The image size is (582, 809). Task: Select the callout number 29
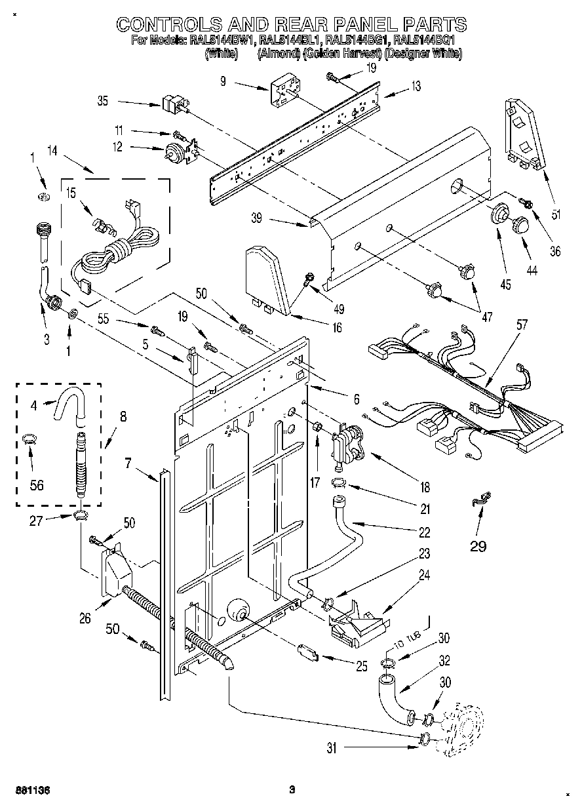(478, 545)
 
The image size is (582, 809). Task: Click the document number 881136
(32, 790)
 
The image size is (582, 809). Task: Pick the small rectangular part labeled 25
(307, 652)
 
